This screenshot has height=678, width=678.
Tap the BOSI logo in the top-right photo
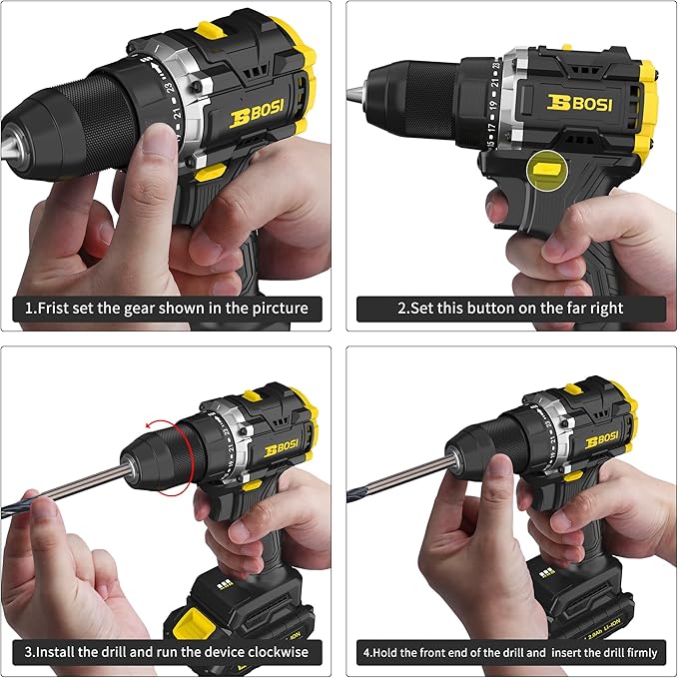click(580, 102)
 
